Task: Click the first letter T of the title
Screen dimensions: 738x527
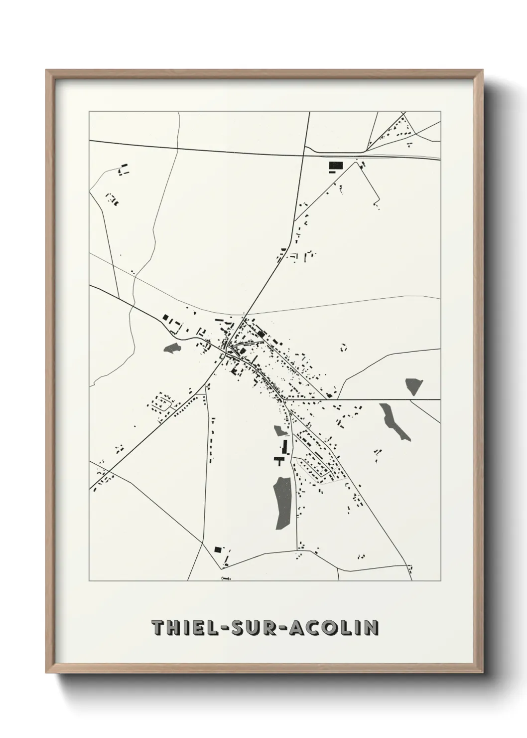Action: pos(158,628)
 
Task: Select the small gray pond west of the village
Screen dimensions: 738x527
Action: pos(172,348)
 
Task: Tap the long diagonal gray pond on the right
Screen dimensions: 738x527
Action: pos(395,422)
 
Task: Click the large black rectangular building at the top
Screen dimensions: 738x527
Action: pos(336,165)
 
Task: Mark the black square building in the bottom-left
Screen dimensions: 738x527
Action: pos(218,549)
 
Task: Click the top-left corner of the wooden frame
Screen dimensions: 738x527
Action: pos(47,71)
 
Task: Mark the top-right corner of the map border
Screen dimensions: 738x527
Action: pos(440,112)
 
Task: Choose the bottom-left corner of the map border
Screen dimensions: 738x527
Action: pos(89,581)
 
